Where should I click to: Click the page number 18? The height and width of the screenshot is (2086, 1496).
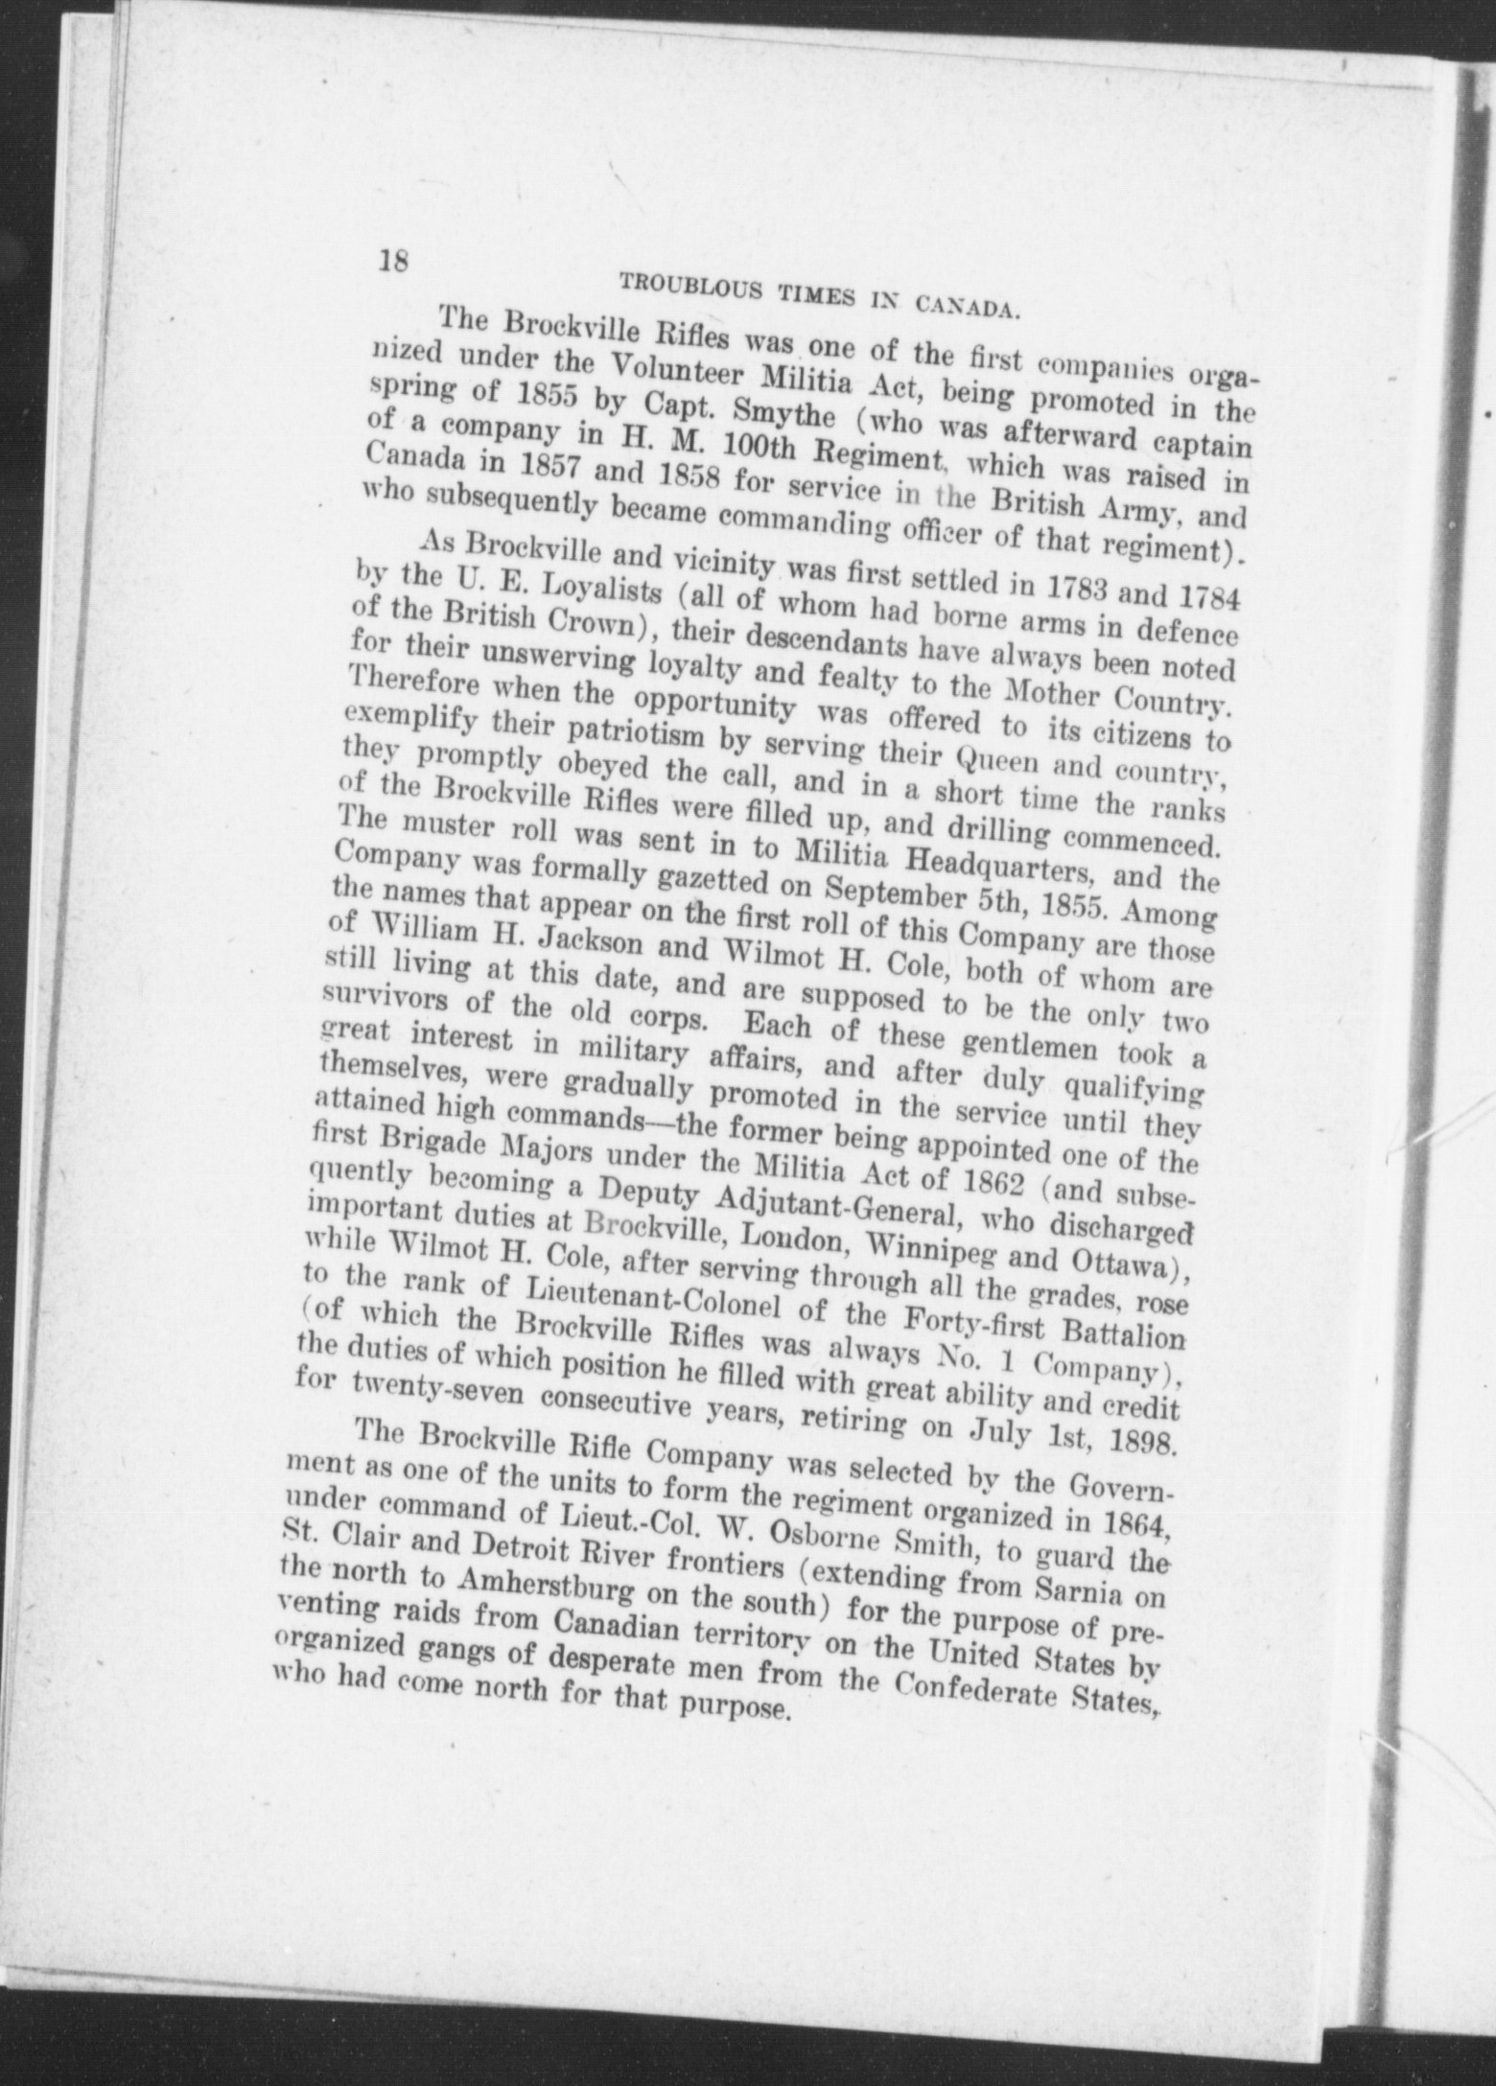point(394,260)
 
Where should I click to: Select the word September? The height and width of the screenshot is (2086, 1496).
point(903,901)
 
